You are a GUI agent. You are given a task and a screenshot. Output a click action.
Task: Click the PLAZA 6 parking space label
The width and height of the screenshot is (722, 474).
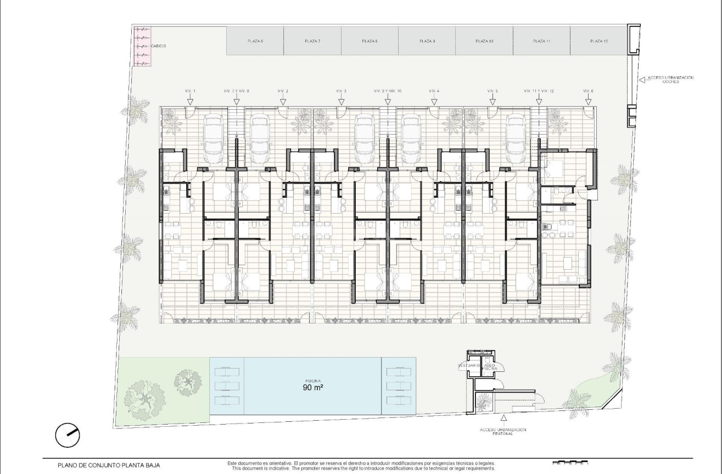[x=255, y=41]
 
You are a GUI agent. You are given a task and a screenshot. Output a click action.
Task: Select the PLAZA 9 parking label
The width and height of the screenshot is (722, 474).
[x=427, y=41]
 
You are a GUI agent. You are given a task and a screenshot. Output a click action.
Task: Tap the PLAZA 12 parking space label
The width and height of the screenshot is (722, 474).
[x=598, y=41]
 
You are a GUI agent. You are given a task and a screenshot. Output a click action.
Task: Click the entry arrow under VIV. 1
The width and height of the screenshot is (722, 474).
[x=190, y=101]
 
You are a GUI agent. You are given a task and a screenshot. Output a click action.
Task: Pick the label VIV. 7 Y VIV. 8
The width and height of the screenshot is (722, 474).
[x=236, y=91]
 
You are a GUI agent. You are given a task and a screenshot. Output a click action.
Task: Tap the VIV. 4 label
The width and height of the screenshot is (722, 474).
[x=434, y=91]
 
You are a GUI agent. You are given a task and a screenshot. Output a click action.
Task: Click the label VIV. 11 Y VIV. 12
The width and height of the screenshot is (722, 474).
[x=538, y=91]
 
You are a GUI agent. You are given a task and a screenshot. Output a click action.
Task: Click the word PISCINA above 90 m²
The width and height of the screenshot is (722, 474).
[x=313, y=380]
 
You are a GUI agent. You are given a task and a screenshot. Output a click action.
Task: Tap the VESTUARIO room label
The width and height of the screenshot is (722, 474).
[x=468, y=365]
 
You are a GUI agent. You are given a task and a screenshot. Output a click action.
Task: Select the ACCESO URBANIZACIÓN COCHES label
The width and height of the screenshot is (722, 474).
[x=670, y=80]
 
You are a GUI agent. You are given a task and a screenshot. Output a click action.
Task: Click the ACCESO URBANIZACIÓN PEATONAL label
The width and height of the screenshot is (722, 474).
[x=503, y=431]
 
